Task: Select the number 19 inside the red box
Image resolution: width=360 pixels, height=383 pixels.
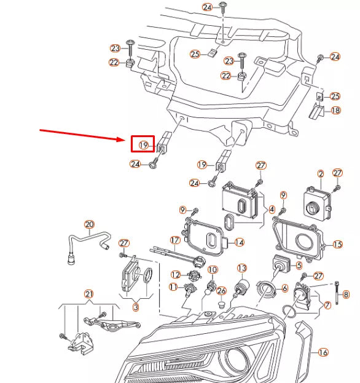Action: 144,145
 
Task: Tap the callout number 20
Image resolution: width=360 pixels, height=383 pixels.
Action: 89,224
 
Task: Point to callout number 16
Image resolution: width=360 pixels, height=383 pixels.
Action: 323,352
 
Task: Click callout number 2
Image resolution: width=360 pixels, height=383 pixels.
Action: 320,175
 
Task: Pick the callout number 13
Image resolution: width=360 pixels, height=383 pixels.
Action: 241,268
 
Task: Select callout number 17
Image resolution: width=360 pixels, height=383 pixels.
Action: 174,240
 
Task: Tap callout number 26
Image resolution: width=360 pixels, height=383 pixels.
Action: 222,290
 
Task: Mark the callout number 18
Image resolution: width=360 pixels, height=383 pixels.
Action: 335,110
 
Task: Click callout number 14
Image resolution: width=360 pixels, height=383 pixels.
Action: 240,242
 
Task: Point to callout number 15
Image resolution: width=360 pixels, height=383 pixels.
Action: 337,245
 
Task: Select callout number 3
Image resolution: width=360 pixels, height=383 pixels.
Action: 136,306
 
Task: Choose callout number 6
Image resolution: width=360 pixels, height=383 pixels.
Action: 284,288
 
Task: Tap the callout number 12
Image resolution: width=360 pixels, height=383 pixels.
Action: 176,274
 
